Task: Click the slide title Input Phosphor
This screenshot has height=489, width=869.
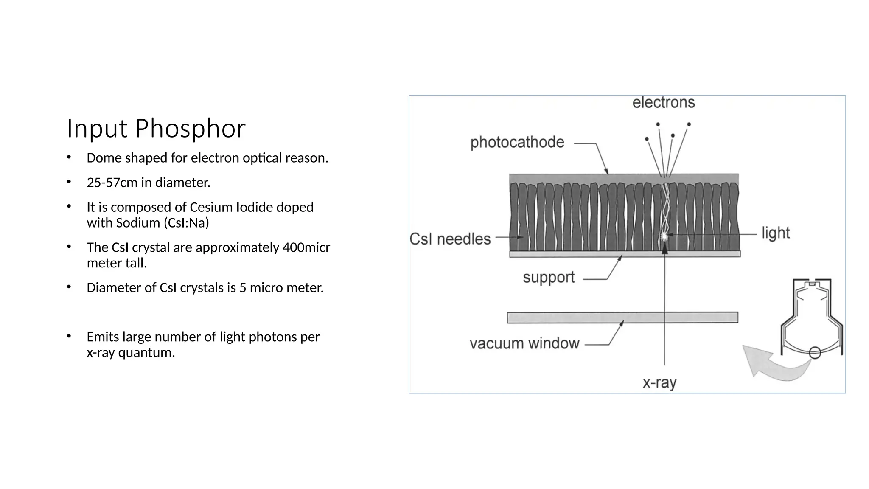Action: point(156,128)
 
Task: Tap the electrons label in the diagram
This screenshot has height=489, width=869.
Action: point(663,103)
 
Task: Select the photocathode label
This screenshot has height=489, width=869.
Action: point(517,142)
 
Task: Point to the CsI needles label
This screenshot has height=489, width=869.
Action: point(450,239)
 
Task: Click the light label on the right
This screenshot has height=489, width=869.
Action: point(776,233)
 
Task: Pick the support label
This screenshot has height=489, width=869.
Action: point(549,278)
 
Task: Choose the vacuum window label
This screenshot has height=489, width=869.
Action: point(524,343)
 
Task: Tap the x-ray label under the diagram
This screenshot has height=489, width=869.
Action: point(659,383)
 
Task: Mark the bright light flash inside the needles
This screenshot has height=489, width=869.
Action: point(664,236)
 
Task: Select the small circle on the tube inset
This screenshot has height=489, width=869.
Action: point(815,353)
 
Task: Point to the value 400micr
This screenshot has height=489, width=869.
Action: point(306,247)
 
